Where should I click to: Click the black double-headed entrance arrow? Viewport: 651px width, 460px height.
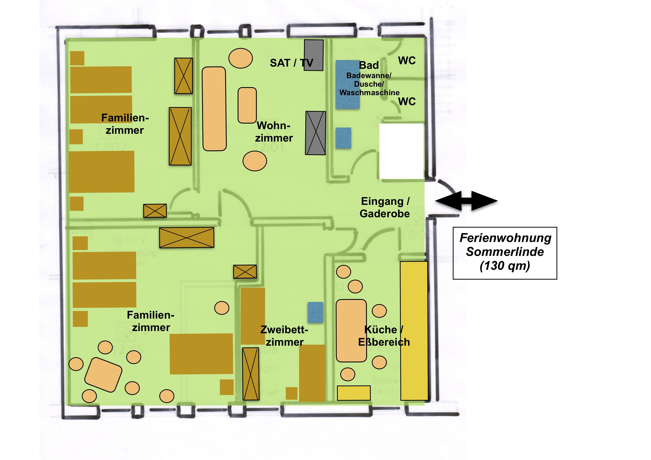pyautogui.click(x=466, y=201)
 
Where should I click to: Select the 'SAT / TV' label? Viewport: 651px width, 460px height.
pyautogui.click(x=292, y=63)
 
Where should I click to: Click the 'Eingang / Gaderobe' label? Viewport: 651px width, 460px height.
pyautogui.click(x=385, y=207)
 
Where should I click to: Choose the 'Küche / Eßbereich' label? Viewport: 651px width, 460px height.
pyautogui.click(x=384, y=336)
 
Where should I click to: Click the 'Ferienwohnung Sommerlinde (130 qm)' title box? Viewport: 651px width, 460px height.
pyautogui.click(x=505, y=253)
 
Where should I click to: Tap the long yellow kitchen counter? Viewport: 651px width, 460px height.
pyautogui.click(x=414, y=331)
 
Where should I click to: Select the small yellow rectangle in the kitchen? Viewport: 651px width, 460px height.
pyautogui.click(x=354, y=393)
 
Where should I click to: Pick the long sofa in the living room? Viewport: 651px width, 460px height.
pyautogui.click(x=214, y=109)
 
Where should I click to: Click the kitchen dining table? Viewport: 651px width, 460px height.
pyautogui.click(x=351, y=331)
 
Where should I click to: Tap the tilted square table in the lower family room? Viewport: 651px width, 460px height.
pyautogui.click(x=103, y=375)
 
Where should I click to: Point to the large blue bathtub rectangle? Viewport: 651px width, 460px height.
pyautogui.click(x=348, y=84)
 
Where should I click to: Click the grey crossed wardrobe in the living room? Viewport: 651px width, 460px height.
pyautogui.click(x=316, y=133)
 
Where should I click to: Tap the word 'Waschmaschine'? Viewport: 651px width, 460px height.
pyautogui.click(x=369, y=93)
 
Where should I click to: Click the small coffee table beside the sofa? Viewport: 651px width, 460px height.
pyautogui.click(x=247, y=105)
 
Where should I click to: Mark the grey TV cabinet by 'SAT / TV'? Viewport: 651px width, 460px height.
pyautogui.click(x=314, y=55)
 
